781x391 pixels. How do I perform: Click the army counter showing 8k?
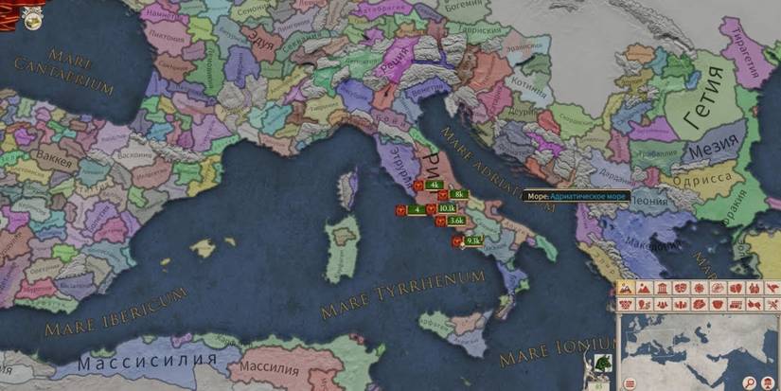click(x=458, y=194)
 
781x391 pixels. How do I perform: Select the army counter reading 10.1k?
click(x=447, y=208)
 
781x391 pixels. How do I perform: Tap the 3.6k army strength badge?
click(x=456, y=221)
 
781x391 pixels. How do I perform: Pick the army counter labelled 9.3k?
click(x=473, y=241)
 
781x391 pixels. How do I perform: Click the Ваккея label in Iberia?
click(x=53, y=158)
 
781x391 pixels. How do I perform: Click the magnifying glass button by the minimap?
click(x=748, y=381)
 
